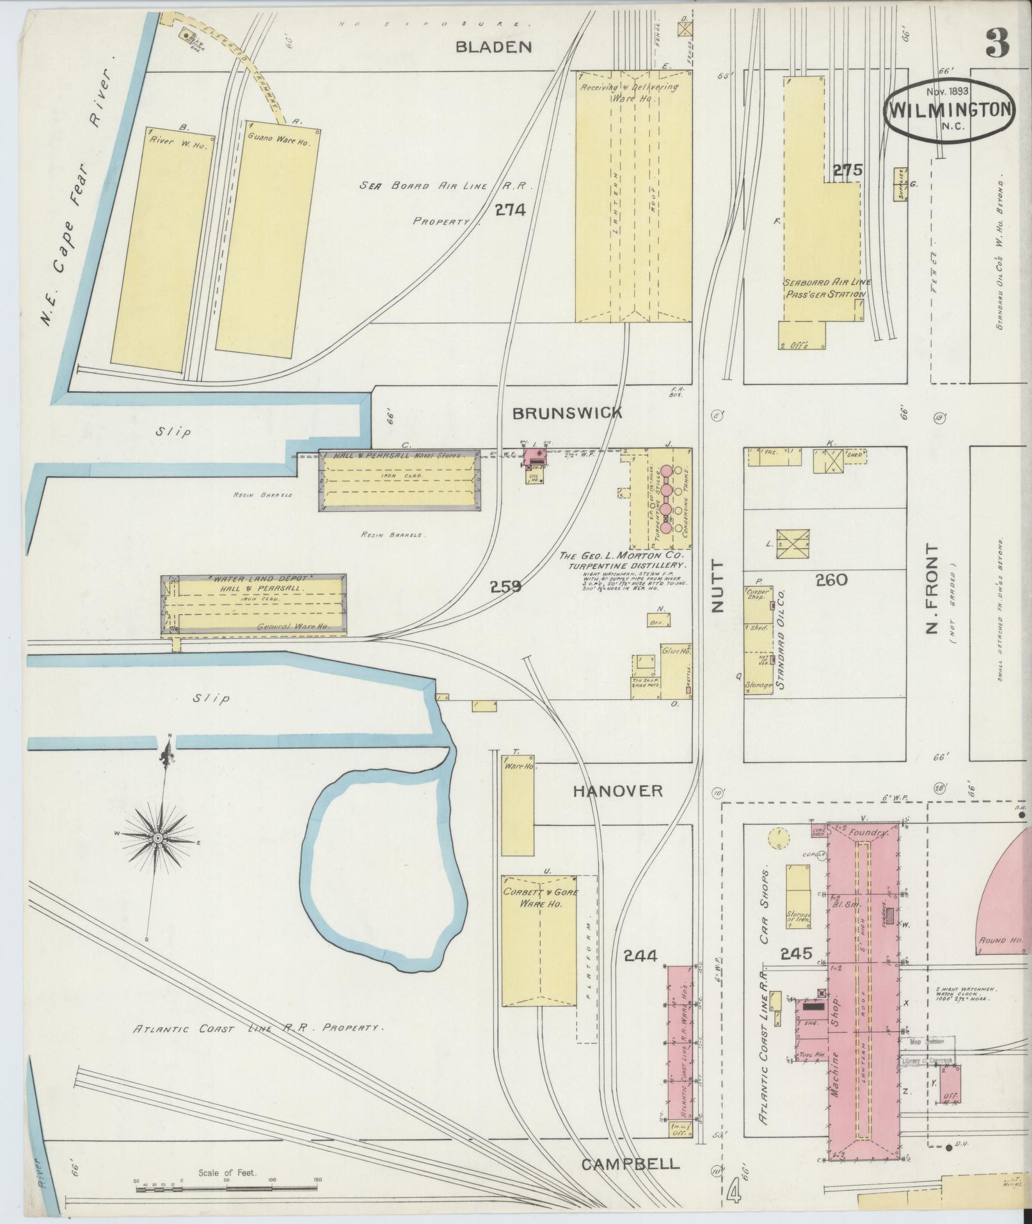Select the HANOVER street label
617,791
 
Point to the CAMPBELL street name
630,1163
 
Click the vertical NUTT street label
717,587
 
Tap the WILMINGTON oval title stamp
949,110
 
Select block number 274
510,209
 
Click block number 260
832,580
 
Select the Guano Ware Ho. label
283,139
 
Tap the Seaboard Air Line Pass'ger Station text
825,288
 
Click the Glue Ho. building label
676,651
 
